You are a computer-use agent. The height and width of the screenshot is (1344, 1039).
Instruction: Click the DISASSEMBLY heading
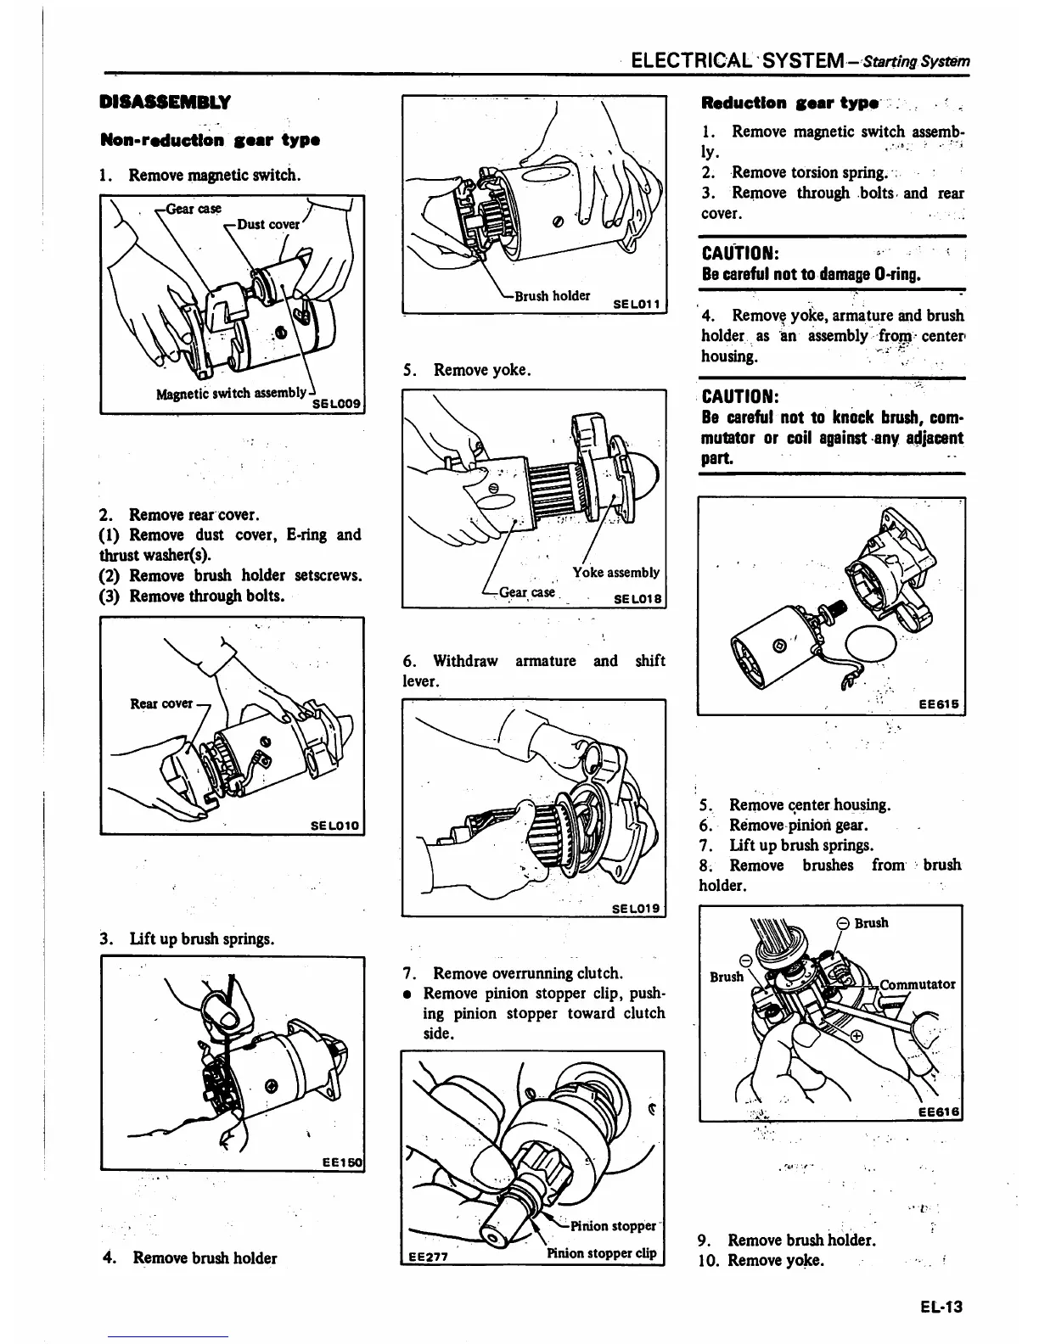tap(165, 103)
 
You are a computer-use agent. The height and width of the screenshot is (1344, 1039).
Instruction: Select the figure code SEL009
tap(337, 404)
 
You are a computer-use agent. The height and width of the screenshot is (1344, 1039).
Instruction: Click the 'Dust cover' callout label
tap(268, 225)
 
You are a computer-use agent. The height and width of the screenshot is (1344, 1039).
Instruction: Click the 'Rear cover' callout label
tap(161, 703)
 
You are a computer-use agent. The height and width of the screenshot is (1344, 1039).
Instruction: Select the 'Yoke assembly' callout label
tap(615, 573)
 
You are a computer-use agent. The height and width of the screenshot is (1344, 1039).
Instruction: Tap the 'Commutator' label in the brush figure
tap(917, 985)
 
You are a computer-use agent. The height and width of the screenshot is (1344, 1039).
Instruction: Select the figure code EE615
tap(941, 704)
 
